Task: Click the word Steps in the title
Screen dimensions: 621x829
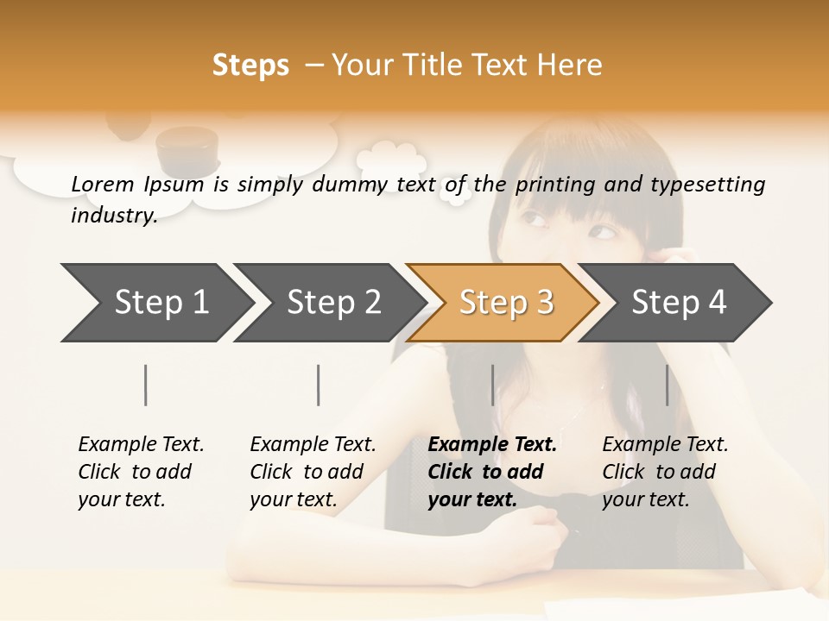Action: click(x=250, y=66)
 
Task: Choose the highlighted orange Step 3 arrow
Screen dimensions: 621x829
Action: click(x=506, y=303)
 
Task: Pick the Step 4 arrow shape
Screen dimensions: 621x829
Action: click(x=679, y=303)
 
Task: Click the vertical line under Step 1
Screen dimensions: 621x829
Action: click(x=146, y=385)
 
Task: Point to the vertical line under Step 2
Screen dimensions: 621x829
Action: click(x=319, y=385)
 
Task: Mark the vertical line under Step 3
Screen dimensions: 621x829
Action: click(x=492, y=385)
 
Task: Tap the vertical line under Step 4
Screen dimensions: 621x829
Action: click(x=667, y=385)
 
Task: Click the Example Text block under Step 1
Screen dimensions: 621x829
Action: click(x=141, y=472)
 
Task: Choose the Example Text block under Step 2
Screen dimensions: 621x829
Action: click(x=313, y=472)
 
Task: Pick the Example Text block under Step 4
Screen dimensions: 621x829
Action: click(x=665, y=472)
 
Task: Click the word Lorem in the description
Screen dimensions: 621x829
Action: click(x=103, y=184)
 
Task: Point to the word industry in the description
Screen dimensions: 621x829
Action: click(x=113, y=216)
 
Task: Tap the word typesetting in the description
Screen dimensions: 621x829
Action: click(x=707, y=185)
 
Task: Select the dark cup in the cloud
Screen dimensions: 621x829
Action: click(x=187, y=148)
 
